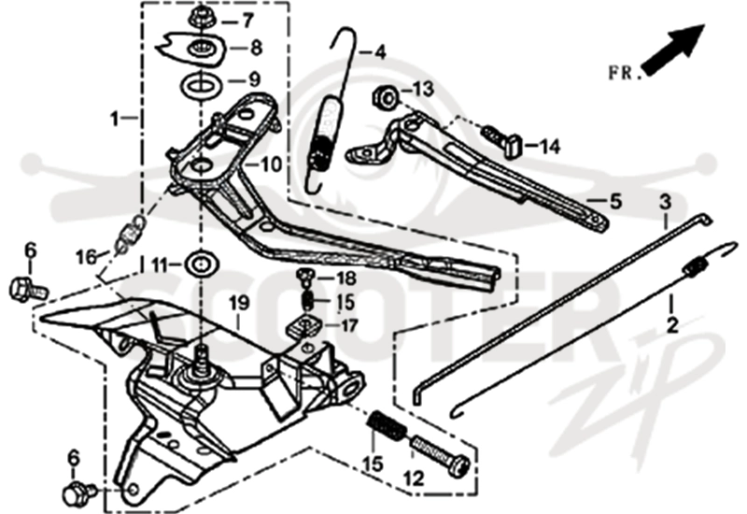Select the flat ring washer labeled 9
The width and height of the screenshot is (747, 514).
(x=201, y=86)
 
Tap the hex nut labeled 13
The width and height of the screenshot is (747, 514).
(x=386, y=97)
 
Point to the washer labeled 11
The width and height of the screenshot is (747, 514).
(x=202, y=264)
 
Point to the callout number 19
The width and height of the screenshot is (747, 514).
(x=239, y=302)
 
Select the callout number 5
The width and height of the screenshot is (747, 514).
(x=615, y=202)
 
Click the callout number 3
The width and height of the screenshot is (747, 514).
(x=665, y=202)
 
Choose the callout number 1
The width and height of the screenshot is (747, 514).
(x=114, y=120)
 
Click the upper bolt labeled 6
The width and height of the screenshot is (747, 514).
(x=29, y=289)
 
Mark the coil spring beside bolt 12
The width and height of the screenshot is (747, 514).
(x=388, y=427)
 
